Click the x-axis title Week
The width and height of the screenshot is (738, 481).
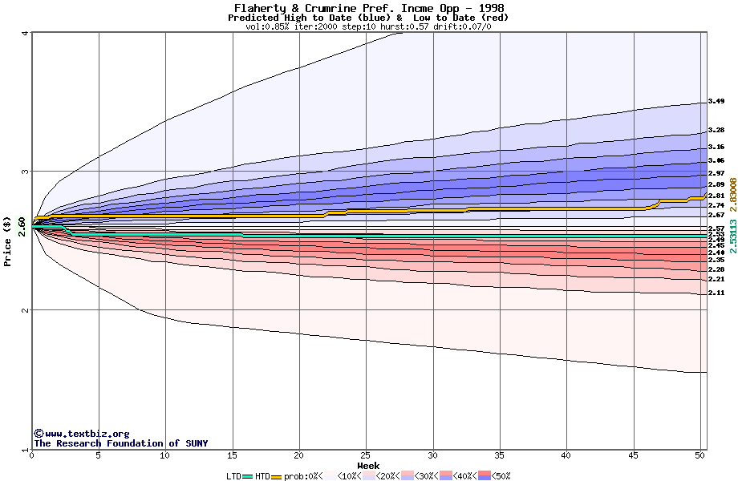tap(368, 466)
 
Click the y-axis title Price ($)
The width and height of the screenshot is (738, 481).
tap(8, 240)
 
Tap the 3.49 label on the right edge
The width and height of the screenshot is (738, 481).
tap(716, 102)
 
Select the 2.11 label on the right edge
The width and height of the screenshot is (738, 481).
tap(716, 293)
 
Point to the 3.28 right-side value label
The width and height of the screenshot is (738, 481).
tap(716, 130)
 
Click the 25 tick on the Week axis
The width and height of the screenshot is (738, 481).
tap(366, 455)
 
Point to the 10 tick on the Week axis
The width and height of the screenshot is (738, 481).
tap(165, 455)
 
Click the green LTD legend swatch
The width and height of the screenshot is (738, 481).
tap(247, 476)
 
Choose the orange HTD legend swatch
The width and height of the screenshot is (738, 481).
tap(278, 476)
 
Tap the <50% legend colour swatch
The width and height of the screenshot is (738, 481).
tap(484, 476)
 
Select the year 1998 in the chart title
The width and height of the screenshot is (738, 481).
tap(487, 8)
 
